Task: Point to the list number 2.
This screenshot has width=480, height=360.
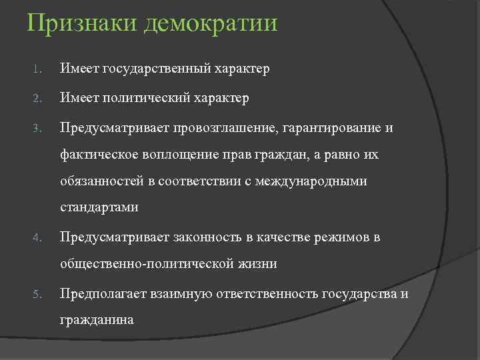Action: point(38,99)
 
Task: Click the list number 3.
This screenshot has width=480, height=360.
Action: point(38,127)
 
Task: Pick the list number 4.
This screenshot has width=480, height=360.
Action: point(38,237)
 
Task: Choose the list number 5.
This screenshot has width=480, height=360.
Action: point(38,294)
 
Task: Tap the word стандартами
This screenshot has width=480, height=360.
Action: point(99,207)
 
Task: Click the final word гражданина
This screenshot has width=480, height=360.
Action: point(97,320)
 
